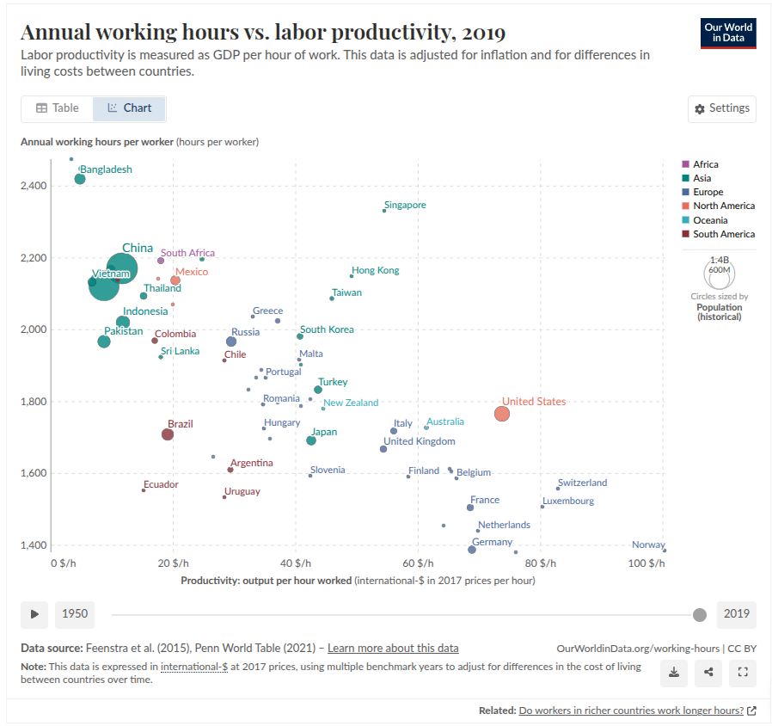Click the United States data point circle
coord(502,414)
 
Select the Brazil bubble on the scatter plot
coord(168,434)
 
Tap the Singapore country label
coord(405,206)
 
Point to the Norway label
coord(647,544)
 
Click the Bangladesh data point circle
coord(80,179)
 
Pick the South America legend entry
coord(723,234)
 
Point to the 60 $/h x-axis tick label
coord(419,563)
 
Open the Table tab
coord(58,108)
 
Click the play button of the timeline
coord(34,614)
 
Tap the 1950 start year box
coord(75,614)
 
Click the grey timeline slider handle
coord(700,614)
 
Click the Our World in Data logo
coord(728,33)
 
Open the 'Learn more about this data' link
coord(393,649)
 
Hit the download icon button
coord(674,673)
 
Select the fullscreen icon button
coord(742,673)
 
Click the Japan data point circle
coord(311,440)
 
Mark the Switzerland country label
coord(582,483)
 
